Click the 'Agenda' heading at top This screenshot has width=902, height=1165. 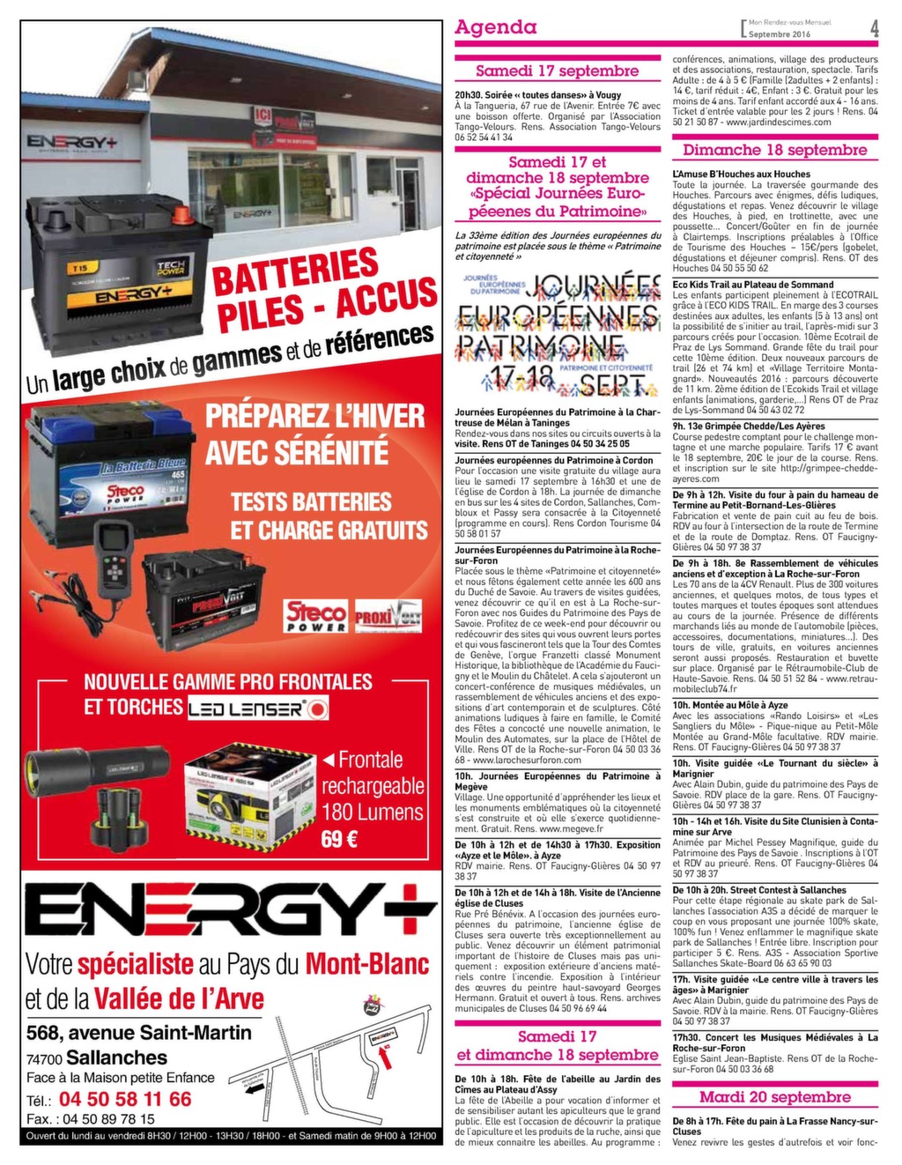click(x=495, y=27)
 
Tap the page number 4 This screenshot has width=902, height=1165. click(x=874, y=28)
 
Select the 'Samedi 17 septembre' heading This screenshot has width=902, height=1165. click(x=557, y=70)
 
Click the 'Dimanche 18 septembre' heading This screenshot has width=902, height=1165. click(x=774, y=150)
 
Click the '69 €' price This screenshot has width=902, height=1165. click(x=339, y=838)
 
